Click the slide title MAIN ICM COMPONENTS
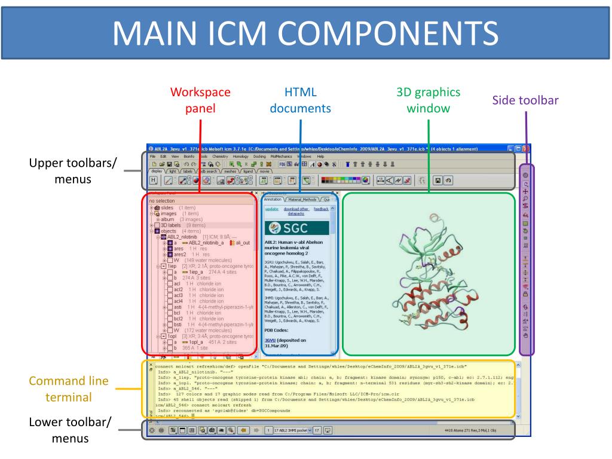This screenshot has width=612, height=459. click(305, 33)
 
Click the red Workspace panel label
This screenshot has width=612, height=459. click(200, 100)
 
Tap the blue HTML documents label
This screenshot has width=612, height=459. click(299, 100)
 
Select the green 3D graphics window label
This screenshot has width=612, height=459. click(429, 100)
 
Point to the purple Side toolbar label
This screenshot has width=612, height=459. click(525, 100)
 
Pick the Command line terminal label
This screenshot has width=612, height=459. click(69, 389)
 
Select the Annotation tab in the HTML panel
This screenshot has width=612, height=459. click(273, 199)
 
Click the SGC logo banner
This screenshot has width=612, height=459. click(295, 227)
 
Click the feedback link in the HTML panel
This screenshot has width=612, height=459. click(321, 209)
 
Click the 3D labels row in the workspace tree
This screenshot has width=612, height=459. click(171, 225)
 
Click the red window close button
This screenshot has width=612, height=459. click(526, 148)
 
